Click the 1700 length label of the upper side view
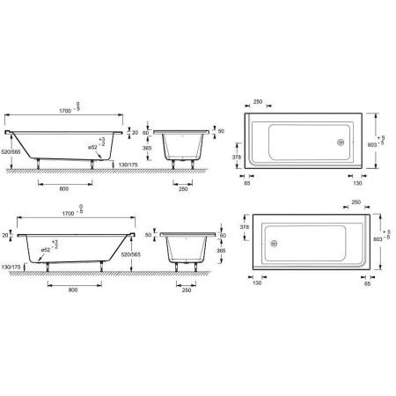pos(65,111)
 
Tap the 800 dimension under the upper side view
pos(64,189)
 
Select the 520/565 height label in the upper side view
pos(11,152)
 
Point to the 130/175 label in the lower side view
pos(11,268)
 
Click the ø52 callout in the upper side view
pos(92,148)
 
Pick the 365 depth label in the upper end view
pos(147,148)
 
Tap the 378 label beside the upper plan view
pos(237,158)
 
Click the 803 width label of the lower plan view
pos(378,239)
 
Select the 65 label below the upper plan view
pos(247,183)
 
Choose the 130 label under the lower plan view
pos(257,283)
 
